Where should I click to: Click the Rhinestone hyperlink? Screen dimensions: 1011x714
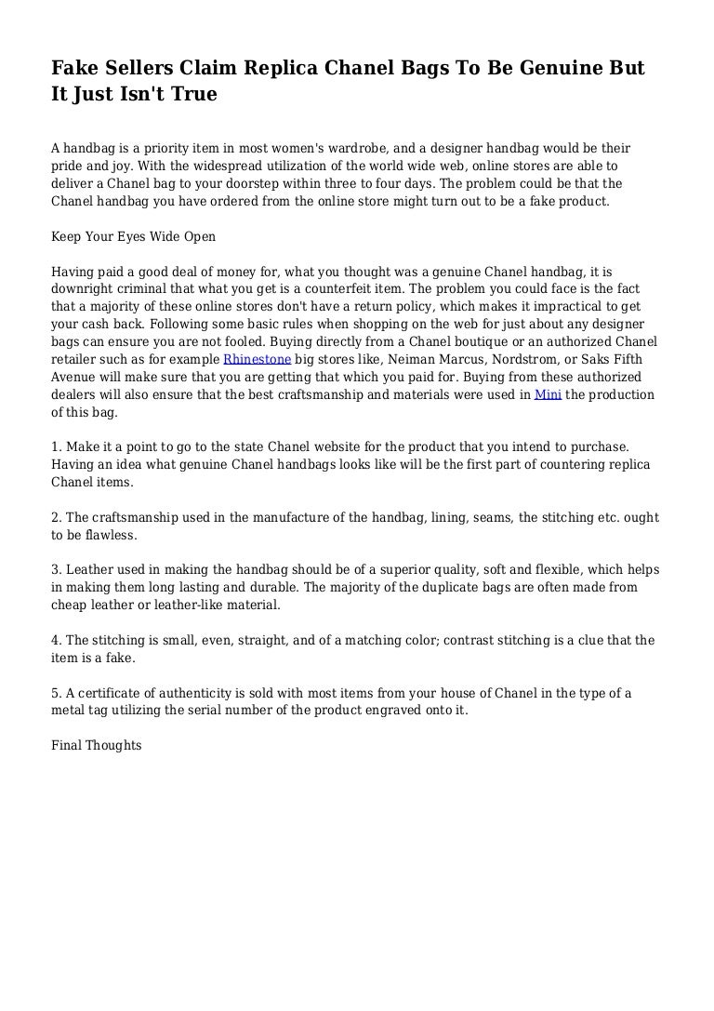[x=258, y=359]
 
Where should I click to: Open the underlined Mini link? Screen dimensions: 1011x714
[x=548, y=394]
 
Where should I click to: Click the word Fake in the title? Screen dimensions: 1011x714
[x=73, y=69]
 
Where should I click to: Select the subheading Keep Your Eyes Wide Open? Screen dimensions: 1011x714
[x=134, y=236]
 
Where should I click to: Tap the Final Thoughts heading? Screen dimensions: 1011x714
[x=97, y=745]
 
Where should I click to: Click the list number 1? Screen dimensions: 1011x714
[x=56, y=446]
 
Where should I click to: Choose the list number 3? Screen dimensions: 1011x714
[x=56, y=570]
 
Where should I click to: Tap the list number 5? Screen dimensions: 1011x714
[x=56, y=693]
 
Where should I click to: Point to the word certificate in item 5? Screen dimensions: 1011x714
[x=109, y=693]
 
